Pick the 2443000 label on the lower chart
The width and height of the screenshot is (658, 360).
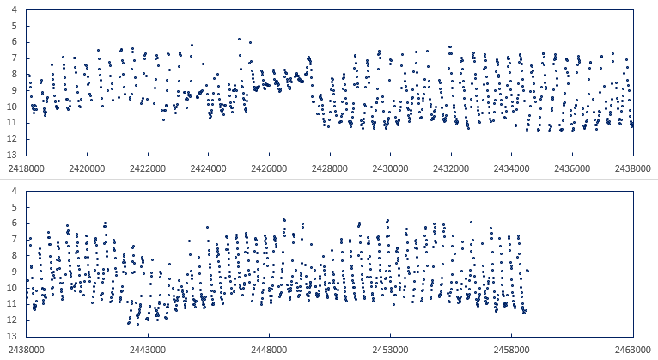pyautogui.click(x=147, y=350)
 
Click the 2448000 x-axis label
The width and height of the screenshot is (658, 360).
pyautogui.click(x=268, y=350)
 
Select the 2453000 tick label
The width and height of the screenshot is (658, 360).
pyautogui.click(x=390, y=350)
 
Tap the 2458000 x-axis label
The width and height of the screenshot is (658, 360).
pyautogui.click(x=511, y=350)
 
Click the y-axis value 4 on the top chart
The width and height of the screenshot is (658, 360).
pyautogui.click(x=16, y=10)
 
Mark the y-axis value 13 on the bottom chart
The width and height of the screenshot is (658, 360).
pyautogui.click(x=14, y=336)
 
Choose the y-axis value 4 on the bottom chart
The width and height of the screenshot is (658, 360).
pyautogui.click(x=16, y=191)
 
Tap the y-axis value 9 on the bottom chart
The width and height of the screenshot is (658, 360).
pyautogui.click(x=16, y=272)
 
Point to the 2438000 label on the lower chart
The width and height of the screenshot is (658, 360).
pyautogui.click(x=26, y=350)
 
